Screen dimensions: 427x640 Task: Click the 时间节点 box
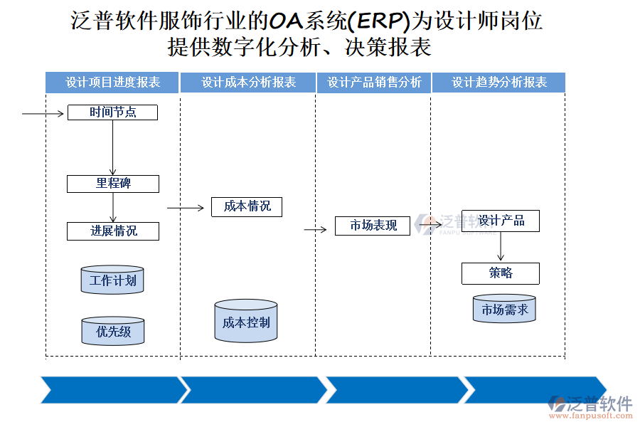point(112,112)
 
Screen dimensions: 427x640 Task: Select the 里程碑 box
point(112,184)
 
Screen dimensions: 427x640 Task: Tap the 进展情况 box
point(112,231)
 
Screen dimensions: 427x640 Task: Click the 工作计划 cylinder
point(112,280)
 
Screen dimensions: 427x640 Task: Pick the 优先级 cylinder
point(112,332)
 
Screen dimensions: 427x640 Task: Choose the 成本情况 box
point(247,206)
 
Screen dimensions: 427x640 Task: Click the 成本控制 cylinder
point(246,322)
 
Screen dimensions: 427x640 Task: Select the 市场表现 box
point(373,226)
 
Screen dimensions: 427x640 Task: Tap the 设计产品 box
point(501,221)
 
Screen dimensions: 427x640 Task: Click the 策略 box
point(501,273)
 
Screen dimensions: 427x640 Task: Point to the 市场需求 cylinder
point(504,310)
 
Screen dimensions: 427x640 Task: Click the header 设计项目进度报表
point(113,83)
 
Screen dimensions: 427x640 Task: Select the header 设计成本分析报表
point(248,83)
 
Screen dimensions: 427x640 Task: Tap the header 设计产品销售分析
point(374,83)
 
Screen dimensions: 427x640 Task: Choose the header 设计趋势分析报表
point(499,83)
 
